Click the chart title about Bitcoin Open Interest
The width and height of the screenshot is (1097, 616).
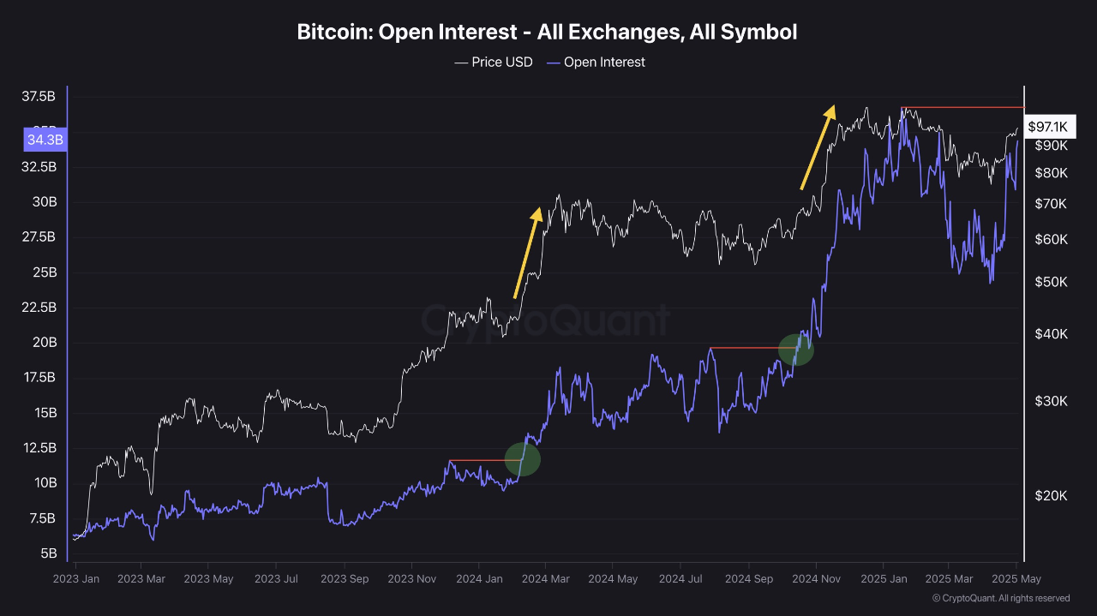547,33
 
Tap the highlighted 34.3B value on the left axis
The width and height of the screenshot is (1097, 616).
45,139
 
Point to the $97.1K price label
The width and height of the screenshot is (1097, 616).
1047,127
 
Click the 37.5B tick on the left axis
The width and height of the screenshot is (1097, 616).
39,97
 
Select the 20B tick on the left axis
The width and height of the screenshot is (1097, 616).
45,343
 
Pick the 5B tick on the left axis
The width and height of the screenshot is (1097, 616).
48,553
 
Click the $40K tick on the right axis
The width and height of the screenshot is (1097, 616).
1051,334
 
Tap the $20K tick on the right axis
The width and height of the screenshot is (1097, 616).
1051,496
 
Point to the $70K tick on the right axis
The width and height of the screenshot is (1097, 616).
1051,204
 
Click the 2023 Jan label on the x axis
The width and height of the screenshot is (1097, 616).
75,579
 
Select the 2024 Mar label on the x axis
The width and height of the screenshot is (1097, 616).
546,579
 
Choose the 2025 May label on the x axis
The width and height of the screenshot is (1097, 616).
1016,579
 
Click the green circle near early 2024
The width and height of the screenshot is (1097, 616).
522,459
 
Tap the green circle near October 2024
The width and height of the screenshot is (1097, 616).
795,350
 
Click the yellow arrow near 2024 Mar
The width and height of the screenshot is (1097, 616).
527,253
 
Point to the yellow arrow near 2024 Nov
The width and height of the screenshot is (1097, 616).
817,147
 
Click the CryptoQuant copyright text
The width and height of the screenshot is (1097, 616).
1000,598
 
